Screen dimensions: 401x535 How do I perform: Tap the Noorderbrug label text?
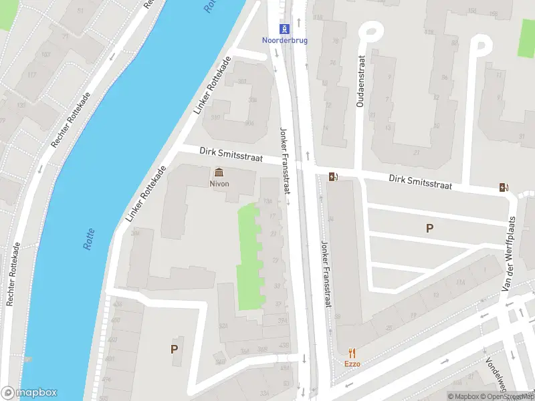point(286,39)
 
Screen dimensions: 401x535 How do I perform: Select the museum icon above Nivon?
point(219,172)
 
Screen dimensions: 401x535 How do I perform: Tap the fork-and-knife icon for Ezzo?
point(352,353)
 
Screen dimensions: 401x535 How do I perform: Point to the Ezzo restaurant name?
point(352,364)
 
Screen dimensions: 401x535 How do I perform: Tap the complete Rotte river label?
point(90,239)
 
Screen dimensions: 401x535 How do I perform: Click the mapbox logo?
point(29,393)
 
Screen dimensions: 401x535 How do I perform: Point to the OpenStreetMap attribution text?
point(510,396)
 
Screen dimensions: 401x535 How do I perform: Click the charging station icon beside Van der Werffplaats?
point(505,188)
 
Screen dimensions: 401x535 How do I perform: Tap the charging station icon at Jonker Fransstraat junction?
point(332,177)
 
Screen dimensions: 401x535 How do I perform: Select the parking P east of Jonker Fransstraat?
point(429,229)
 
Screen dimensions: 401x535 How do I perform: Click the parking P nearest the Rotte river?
point(175,349)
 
